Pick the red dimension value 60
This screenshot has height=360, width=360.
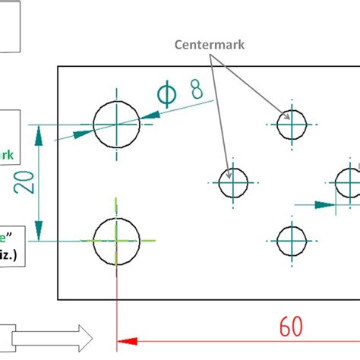pyautogui.click(x=290, y=327)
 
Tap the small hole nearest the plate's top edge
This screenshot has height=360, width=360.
pyautogui.click(x=292, y=125)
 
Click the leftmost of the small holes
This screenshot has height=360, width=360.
pyautogui.click(x=234, y=182)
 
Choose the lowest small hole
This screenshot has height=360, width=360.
pyautogui.click(x=292, y=241)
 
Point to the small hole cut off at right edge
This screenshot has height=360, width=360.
pyautogui.click(x=349, y=182)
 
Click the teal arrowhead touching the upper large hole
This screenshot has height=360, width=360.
pyautogui.click(x=85, y=134)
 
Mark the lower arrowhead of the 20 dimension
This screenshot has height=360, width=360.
pyautogui.click(x=39, y=231)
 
